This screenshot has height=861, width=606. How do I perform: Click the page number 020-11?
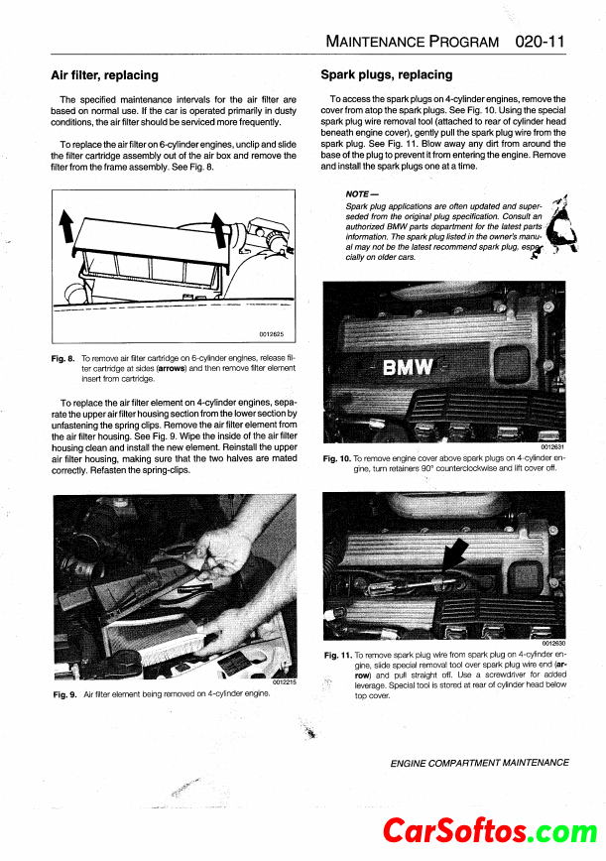[x=541, y=42]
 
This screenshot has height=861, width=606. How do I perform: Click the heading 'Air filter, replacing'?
[x=104, y=74]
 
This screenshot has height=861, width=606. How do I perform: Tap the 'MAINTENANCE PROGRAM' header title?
[x=412, y=43]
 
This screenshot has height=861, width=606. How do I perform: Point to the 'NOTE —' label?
[x=357, y=193]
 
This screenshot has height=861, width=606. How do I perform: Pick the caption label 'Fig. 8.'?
[x=64, y=358]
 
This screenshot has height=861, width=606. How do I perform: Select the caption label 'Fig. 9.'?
[x=64, y=694]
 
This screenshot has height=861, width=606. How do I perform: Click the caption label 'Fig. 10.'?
[x=337, y=458]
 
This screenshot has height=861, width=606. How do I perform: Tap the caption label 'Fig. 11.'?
[x=337, y=656]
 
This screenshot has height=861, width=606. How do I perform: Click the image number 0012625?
[x=272, y=334]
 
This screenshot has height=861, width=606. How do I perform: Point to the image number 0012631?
[x=552, y=446]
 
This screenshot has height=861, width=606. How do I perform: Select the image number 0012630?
[x=552, y=644]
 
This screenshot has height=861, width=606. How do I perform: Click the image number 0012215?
[x=284, y=681]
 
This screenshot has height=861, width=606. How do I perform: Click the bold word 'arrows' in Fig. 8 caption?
[x=174, y=368]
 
